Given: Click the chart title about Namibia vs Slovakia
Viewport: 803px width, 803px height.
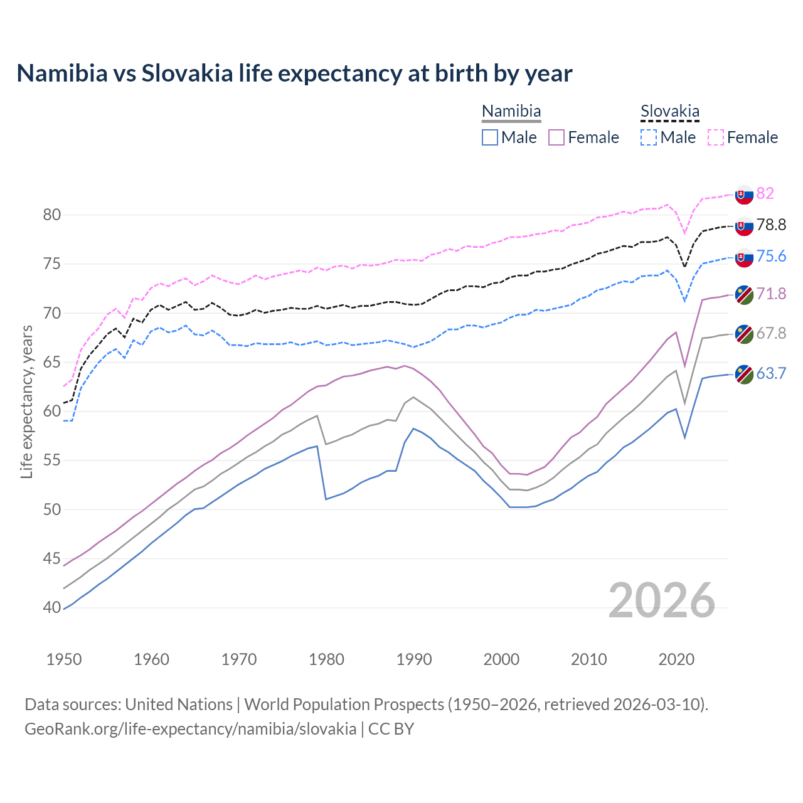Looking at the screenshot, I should coord(294,73).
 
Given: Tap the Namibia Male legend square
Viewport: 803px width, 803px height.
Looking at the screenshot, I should coord(490,137).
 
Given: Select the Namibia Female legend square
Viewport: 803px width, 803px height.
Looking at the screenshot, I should coord(556,137).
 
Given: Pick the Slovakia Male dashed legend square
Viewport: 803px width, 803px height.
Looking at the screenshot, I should coord(649,137).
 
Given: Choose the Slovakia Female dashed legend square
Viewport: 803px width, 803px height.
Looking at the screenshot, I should coord(716,137).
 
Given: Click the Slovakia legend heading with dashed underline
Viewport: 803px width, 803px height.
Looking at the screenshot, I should coord(669,112).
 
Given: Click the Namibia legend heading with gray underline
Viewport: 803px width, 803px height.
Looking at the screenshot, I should coord(511,112).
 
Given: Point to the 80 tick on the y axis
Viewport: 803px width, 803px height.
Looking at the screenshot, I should coord(51,215).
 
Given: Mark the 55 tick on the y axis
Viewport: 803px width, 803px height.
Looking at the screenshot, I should coord(51,460).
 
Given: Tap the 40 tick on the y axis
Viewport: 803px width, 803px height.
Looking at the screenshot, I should coord(51,608).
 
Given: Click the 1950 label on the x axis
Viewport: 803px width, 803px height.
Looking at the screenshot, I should coord(64,659).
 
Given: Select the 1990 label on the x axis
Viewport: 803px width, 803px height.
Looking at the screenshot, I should coord(414,659).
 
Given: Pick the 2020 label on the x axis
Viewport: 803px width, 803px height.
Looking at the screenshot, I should coord(676,659).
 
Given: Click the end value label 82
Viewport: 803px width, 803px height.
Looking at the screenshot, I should coord(765,193).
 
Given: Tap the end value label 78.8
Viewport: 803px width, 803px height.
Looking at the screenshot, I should coord(771,225).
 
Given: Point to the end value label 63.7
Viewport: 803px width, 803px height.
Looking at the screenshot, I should coord(771,374).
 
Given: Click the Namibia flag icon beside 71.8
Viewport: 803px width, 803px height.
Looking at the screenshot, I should coord(744,295).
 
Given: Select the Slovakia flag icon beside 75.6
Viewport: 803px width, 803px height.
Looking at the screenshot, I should coord(744,257).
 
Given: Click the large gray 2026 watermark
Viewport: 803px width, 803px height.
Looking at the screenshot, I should coord(662,601).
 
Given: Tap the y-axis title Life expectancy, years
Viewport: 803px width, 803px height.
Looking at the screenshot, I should coord(27,401).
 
